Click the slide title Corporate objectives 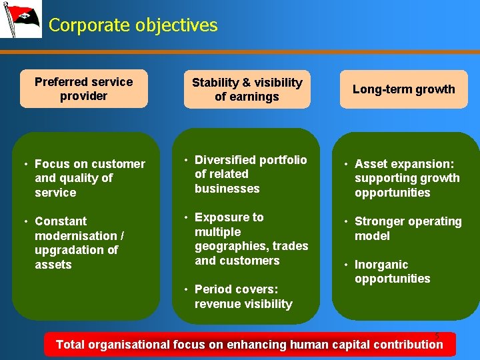(133, 25)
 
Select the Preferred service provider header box (83, 89)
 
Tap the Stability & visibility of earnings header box (247, 89)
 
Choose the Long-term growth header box (403, 89)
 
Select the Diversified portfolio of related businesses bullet (250, 174)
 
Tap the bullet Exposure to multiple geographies (251, 239)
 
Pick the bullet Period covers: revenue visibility (243, 297)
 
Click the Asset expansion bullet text (407, 178)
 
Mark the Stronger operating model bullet (407, 229)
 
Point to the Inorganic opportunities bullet (392, 271)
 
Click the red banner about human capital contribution (249, 345)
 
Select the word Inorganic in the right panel (383, 265)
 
